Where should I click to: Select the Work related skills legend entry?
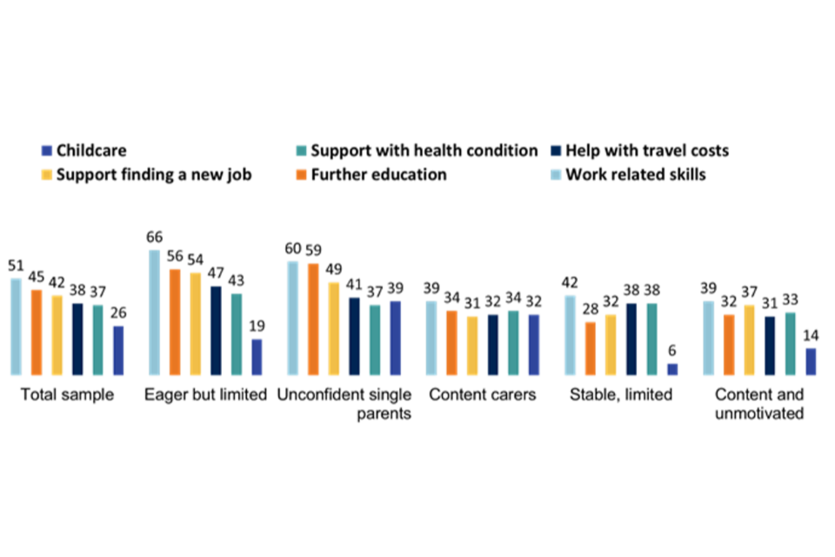tap(635, 174)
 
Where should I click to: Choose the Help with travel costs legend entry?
tap(646, 151)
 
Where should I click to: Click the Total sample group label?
tap(67, 395)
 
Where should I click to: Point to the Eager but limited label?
tap(205, 395)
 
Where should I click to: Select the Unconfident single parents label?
tap(344, 404)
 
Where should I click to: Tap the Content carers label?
tap(482, 395)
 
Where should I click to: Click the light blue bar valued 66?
tap(154, 312)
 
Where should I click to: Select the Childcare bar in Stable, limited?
tap(671, 369)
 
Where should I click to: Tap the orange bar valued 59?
tap(313, 319)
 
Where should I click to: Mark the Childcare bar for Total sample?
tap(118, 350)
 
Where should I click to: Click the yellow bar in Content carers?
tap(472, 346)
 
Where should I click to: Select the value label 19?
tap(257, 326)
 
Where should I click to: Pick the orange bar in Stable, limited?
tap(591, 348)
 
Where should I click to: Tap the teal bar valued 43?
tap(237, 334)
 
